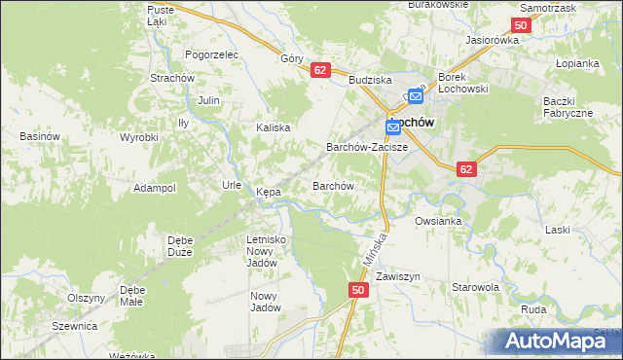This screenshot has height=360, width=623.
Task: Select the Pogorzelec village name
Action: tap(211, 55)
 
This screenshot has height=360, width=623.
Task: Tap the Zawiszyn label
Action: tap(397, 276)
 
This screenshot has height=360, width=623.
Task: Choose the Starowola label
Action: tap(475, 287)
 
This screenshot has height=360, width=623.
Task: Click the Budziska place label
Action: tap(370, 81)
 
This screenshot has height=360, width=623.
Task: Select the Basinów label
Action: tap(41, 136)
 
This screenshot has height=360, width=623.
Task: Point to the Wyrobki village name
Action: tap(138, 137)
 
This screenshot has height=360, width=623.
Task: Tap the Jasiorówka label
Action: tap(493, 41)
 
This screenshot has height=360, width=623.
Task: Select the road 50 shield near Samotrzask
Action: tap(521, 25)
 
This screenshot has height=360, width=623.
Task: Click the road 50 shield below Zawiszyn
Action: tap(358, 290)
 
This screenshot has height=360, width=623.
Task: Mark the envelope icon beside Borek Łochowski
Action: tap(416, 95)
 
